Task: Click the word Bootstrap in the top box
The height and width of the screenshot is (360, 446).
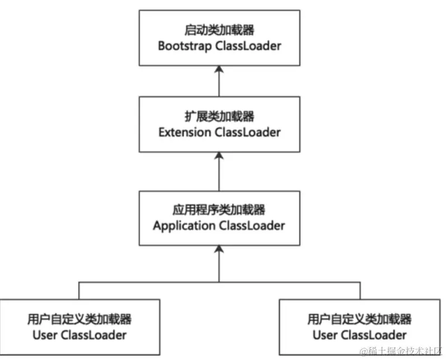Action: (185, 46)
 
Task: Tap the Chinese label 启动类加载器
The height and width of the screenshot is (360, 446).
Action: (219, 29)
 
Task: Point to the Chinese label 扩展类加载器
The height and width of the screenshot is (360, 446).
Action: (219, 116)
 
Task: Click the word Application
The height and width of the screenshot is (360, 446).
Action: (184, 226)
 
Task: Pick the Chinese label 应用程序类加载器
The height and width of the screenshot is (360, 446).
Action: (219, 209)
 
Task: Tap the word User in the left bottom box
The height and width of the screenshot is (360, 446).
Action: (44, 335)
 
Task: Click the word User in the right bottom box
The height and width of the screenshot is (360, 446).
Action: (324, 335)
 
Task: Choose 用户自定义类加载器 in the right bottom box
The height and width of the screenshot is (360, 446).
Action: (359, 319)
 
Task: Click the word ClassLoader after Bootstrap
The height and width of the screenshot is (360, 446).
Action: (248, 46)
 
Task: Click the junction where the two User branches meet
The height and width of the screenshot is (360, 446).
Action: (219, 282)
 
